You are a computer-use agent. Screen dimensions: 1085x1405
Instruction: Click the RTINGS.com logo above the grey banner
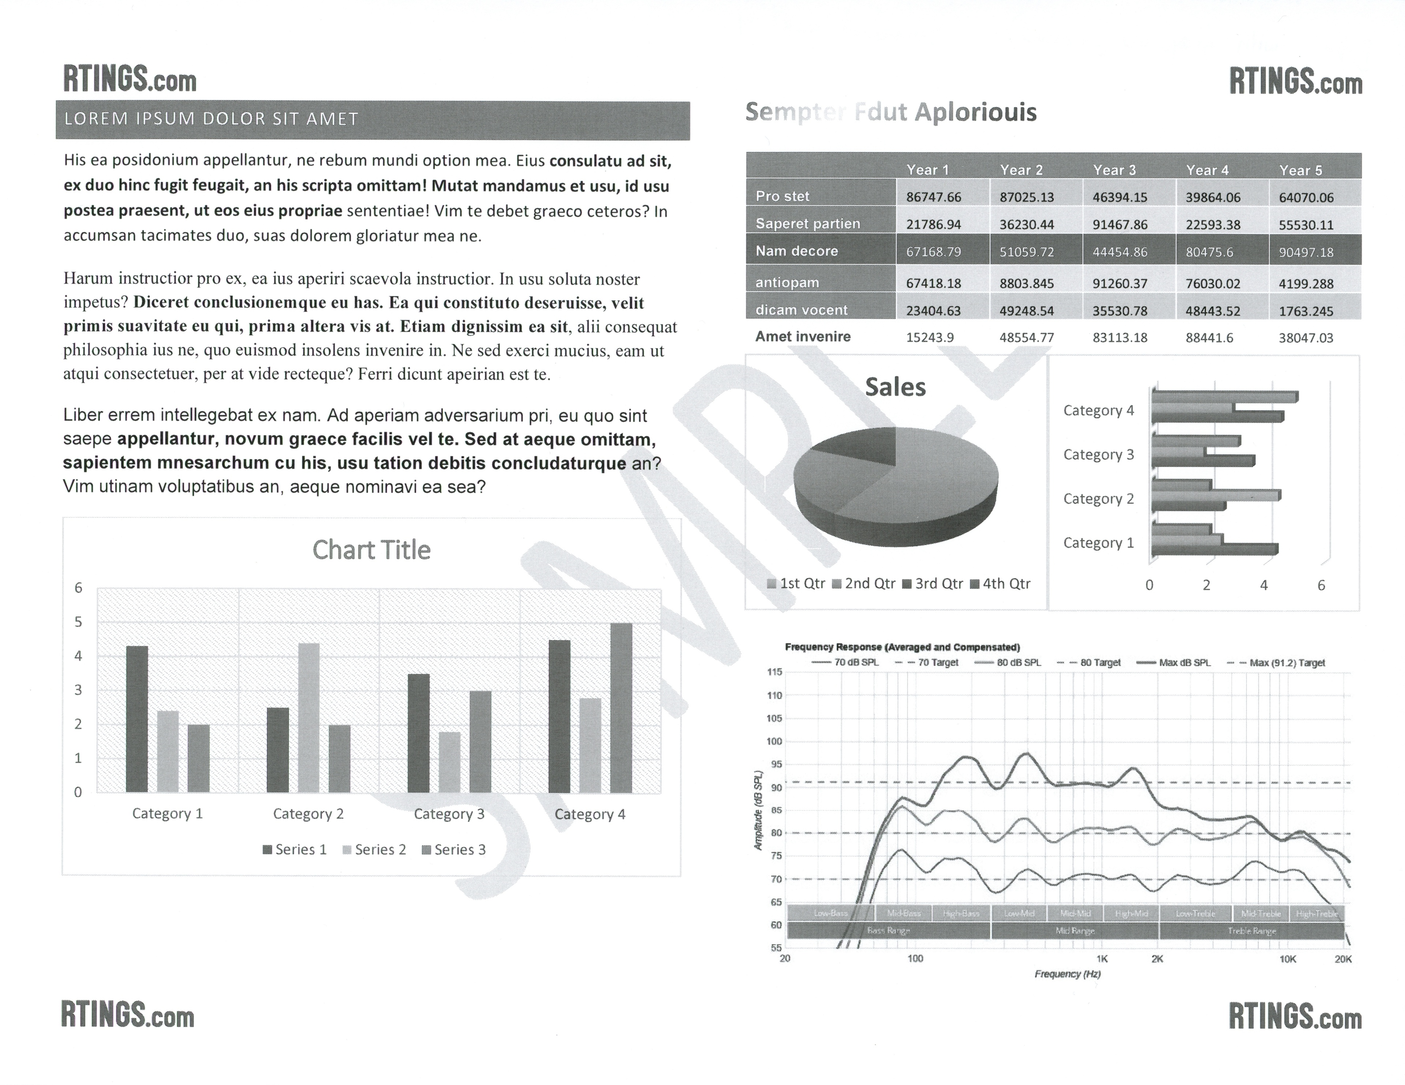click(129, 79)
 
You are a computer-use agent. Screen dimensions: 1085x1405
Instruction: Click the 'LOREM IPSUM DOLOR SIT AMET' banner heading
click(211, 119)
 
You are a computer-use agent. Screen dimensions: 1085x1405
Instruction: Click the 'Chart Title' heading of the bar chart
click(371, 550)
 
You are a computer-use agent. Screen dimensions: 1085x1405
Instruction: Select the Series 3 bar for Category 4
click(621, 708)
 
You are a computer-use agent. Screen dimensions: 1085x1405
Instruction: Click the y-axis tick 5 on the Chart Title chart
click(79, 622)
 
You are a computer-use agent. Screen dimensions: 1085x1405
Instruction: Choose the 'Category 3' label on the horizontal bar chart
click(1098, 455)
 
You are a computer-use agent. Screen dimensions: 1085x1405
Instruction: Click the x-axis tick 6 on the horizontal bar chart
click(1321, 585)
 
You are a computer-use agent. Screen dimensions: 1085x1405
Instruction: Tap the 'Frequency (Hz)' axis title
click(1067, 974)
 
